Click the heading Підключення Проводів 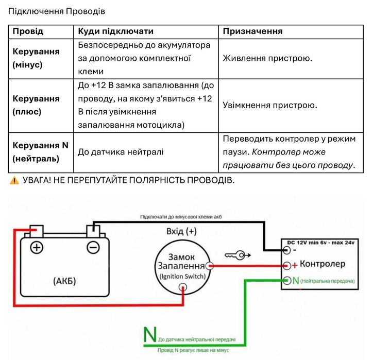[x=57, y=11]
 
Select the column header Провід [x=28, y=31]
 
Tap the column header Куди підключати [x=115, y=31]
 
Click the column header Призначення [x=252, y=31]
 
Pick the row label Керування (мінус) [x=36, y=58]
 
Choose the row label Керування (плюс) [x=36, y=105]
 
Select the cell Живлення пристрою [x=267, y=58]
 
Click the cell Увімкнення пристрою [x=270, y=105]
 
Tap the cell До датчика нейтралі [x=121, y=152]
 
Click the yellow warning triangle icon [x=14, y=180]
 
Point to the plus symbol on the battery [x=37, y=248]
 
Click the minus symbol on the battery [x=93, y=248]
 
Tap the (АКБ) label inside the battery [x=64, y=281]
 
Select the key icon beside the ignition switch [x=238, y=255]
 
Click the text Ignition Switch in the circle [x=182, y=277]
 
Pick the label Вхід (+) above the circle [x=181, y=231]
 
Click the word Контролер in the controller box [x=323, y=264]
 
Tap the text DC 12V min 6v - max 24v [x=320, y=243]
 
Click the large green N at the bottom [x=150, y=334]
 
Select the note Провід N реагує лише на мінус [x=193, y=350]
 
